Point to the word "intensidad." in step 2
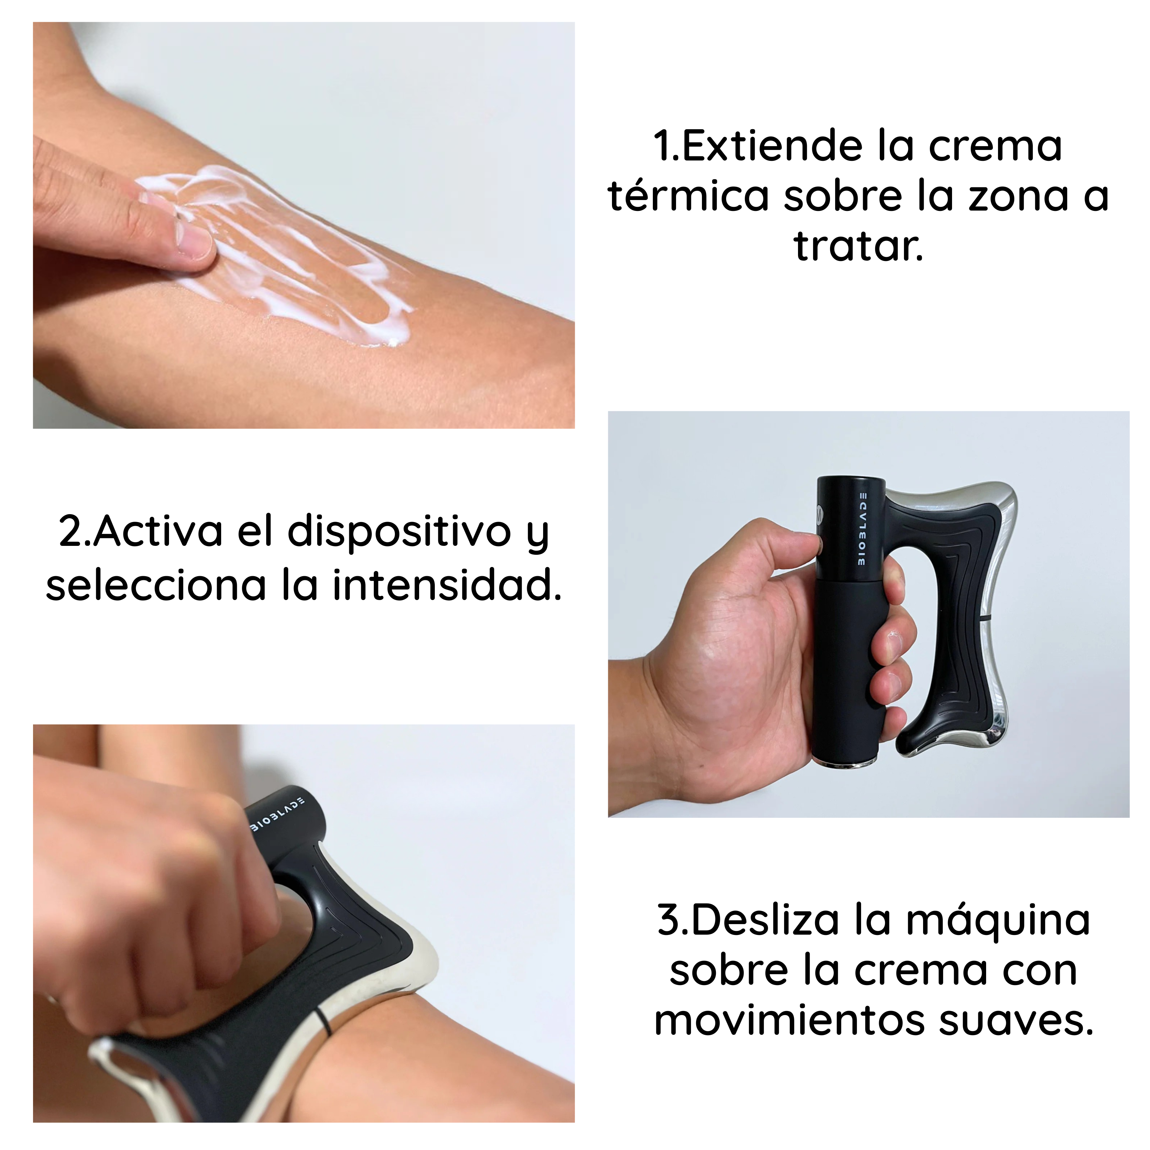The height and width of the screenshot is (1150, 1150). [446, 585]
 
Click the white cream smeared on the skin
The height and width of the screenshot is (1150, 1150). [280, 250]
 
